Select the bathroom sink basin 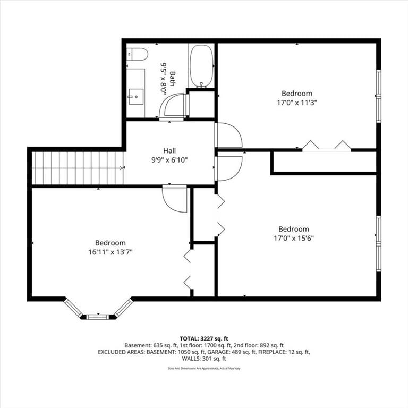(x=136, y=97)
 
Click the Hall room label (x=169, y=151)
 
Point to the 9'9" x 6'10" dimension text (x=169, y=160)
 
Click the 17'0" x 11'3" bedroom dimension (x=297, y=103)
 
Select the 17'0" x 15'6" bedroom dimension (x=294, y=239)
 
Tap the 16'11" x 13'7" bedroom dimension (x=110, y=252)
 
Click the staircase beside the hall (x=78, y=168)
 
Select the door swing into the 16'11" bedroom (x=174, y=199)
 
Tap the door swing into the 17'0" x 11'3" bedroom (x=228, y=135)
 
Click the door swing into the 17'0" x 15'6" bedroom (x=228, y=168)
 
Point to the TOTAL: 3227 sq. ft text (x=204, y=338)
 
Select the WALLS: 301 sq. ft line (x=204, y=359)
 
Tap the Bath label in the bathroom (x=172, y=79)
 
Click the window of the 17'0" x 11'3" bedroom (x=379, y=96)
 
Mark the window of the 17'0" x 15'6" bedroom (x=379, y=243)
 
